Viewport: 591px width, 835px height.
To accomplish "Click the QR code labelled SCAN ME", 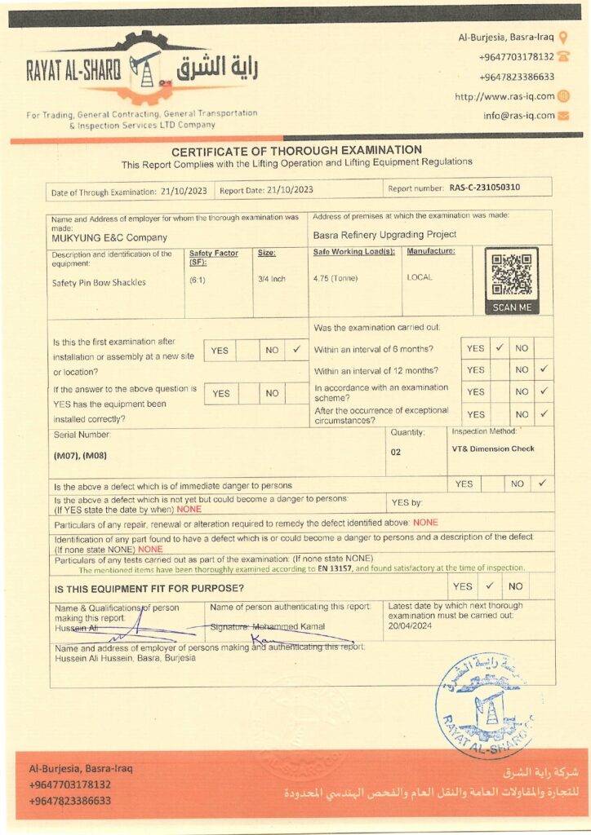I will tap(512, 276).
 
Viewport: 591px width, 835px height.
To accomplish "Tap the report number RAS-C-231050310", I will tap(484, 188).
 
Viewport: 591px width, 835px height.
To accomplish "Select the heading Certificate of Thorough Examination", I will tap(296, 150).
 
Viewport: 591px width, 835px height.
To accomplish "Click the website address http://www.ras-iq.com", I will tap(504, 96).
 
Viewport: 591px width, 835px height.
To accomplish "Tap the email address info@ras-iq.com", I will tap(518, 116).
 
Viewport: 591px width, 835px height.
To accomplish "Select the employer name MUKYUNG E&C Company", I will tap(109, 238).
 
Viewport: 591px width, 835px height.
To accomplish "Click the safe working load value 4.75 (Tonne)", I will tap(335, 277).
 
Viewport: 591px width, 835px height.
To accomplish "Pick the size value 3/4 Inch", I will tap(272, 279).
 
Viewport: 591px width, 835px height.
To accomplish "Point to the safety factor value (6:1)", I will tap(198, 279).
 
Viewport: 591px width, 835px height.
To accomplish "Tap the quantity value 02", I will tap(396, 451).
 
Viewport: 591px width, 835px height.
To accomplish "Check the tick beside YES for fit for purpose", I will tap(489, 585).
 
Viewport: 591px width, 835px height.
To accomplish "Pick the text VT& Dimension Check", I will tap(492, 448).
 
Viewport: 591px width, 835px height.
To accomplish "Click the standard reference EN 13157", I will tap(334, 568).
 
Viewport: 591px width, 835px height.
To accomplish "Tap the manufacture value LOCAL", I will tap(420, 277).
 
